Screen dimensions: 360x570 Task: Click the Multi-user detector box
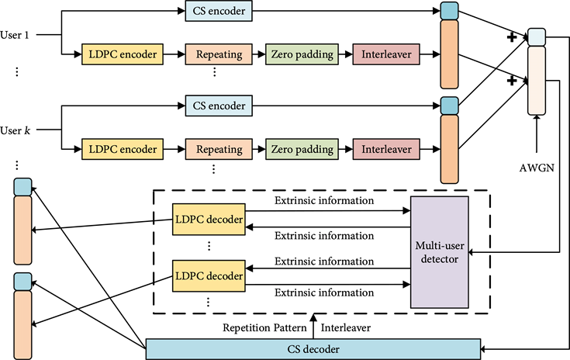439,251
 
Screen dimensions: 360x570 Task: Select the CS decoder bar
313,349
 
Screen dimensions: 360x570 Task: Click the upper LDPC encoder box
123,54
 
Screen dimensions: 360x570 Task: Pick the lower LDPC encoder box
123,149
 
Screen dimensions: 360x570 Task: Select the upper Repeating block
219,54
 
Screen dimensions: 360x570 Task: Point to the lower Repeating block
219,149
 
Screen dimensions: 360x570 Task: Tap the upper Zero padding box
302,54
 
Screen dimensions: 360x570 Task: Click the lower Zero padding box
302,149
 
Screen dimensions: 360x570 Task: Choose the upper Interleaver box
386,54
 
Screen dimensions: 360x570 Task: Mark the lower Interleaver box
386,149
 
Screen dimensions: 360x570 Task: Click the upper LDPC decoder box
209,220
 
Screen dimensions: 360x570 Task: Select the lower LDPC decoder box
209,275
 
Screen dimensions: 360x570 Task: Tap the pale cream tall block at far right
537,81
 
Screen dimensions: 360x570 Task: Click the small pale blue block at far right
537,37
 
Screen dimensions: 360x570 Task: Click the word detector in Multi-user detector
439,259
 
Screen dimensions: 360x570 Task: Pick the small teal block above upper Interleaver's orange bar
449,12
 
